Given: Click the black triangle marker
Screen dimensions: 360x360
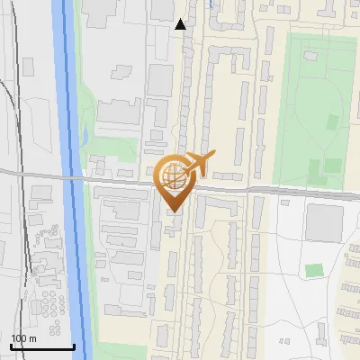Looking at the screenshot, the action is (x=181, y=24).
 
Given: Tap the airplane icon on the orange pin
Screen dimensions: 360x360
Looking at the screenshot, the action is (x=199, y=165).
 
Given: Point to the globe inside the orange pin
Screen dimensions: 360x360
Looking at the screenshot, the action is (x=174, y=177).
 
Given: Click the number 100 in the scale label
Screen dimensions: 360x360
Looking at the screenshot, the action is (x=19, y=338).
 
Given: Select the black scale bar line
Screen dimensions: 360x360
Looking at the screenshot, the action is (x=42, y=346).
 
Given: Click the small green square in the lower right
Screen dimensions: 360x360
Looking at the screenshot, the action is (x=313, y=270).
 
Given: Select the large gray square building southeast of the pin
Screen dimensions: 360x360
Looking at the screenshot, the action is (x=324, y=222).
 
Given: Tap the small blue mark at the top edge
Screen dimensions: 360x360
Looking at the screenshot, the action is (x=210, y=4).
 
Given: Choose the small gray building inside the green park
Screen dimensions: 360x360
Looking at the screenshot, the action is (x=310, y=57).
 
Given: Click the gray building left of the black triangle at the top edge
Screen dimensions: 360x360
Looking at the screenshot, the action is (x=162, y=9).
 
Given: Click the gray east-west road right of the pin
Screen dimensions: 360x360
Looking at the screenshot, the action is (x=288, y=191).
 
